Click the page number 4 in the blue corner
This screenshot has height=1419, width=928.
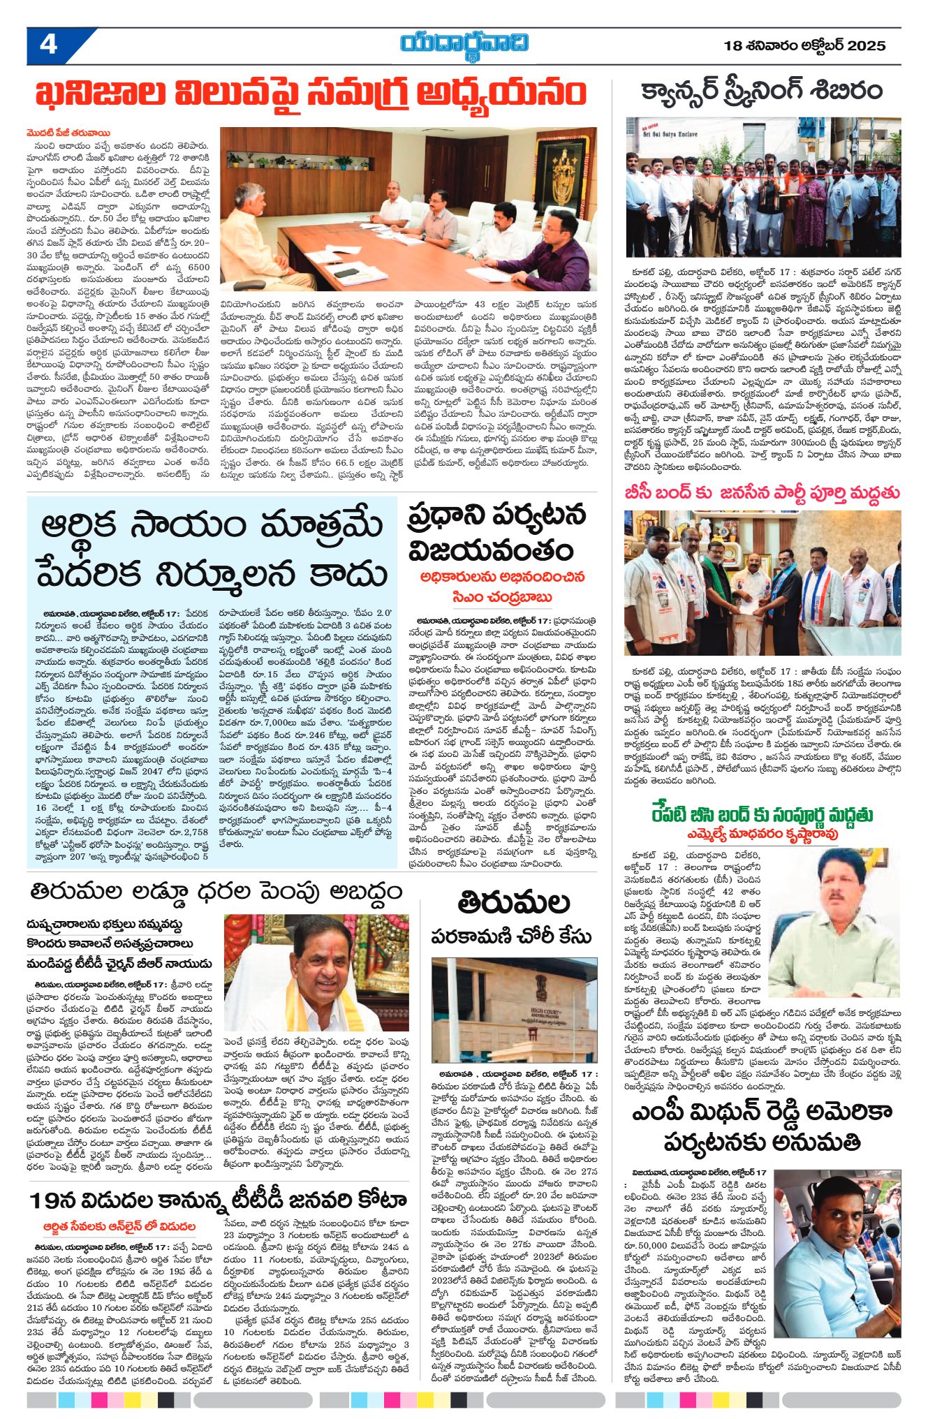pos(47,45)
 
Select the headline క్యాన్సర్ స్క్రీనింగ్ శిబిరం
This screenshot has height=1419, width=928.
pos(761,91)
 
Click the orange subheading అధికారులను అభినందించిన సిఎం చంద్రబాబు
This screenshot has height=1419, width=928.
pos(503,587)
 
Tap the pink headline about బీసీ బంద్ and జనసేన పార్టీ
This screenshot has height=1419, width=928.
pos(762,492)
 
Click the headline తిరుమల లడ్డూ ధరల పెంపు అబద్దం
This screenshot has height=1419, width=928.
pos(216,892)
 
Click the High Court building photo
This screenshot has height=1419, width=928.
pos(514,1010)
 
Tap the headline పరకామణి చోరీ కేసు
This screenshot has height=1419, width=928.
pos(511,936)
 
